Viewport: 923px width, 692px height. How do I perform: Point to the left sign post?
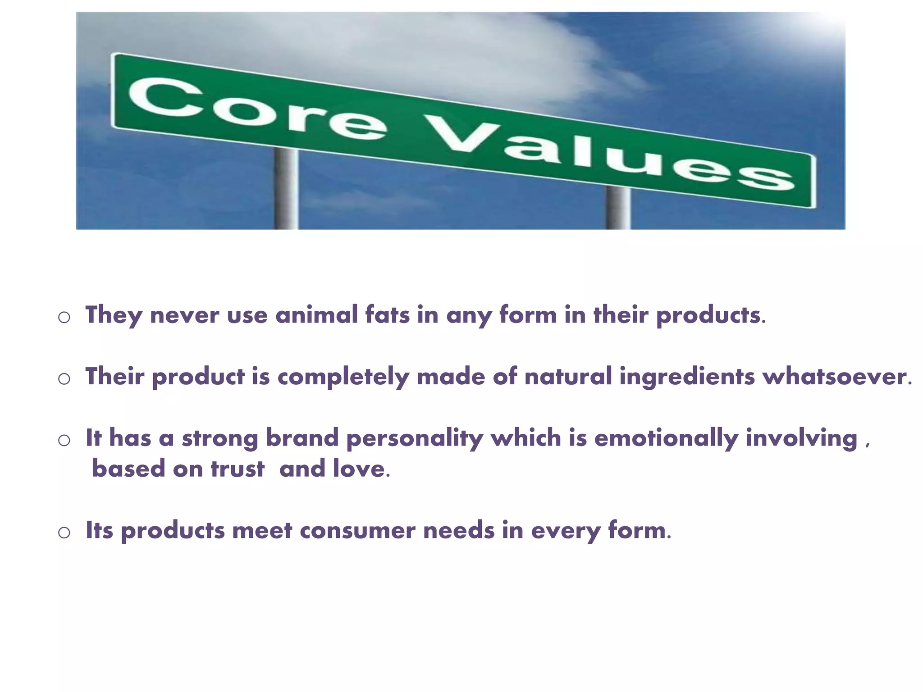pos(286,189)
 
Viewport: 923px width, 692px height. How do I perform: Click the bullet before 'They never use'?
pos(64,317)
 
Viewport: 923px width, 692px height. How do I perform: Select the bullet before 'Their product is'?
pos(64,378)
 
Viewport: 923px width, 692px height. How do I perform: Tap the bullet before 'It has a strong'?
pos(64,440)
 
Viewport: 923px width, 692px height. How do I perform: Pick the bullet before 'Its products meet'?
pos(64,533)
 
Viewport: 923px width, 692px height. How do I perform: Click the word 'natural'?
pos(568,376)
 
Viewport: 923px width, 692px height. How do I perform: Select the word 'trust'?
pos(238,469)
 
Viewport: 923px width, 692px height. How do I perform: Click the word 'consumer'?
pos(357,530)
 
